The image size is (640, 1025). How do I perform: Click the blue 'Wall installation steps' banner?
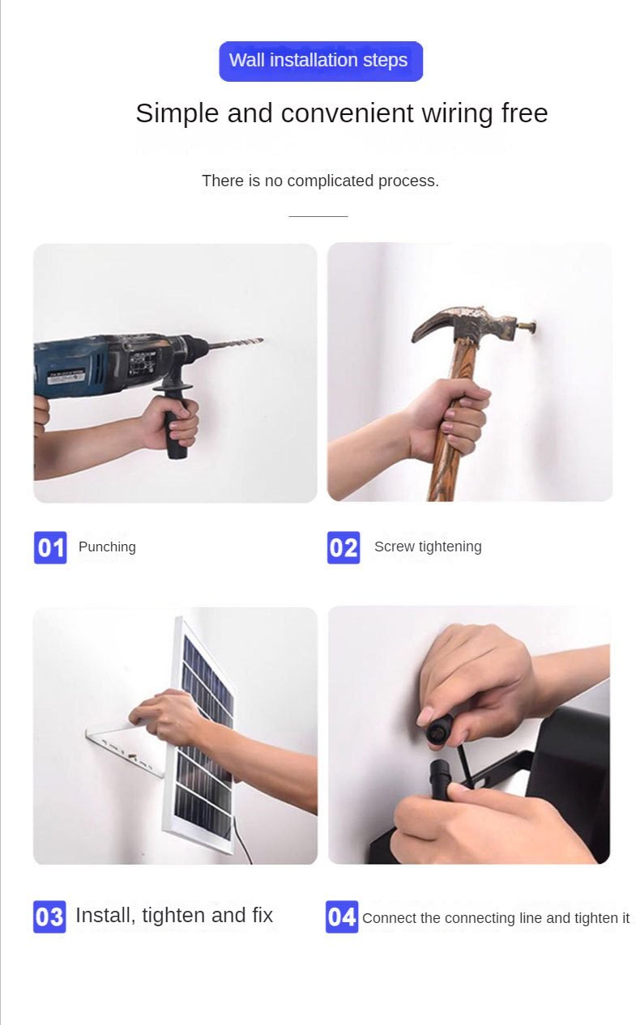(x=321, y=62)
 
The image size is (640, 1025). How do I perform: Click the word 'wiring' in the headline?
(x=457, y=113)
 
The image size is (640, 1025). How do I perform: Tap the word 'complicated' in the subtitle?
(x=330, y=181)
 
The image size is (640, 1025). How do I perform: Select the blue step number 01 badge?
(x=50, y=547)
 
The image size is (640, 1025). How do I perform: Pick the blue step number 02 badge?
(x=343, y=547)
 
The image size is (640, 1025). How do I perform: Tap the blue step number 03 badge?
(x=49, y=917)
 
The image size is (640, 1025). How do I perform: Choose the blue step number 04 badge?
(x=342, y=917)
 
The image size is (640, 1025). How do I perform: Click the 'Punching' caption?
(x=107, y=547)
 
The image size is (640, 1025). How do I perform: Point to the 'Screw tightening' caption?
(x=428, y=547)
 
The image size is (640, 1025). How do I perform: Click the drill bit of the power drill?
(x=235, y=343)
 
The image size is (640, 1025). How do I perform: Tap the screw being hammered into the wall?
(x=526, y=327)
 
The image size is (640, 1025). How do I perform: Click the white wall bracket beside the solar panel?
(x=125, y=749)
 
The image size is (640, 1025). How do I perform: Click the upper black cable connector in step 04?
(x=439, y=728)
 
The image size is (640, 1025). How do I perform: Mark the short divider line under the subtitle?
(x=318, y=216)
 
